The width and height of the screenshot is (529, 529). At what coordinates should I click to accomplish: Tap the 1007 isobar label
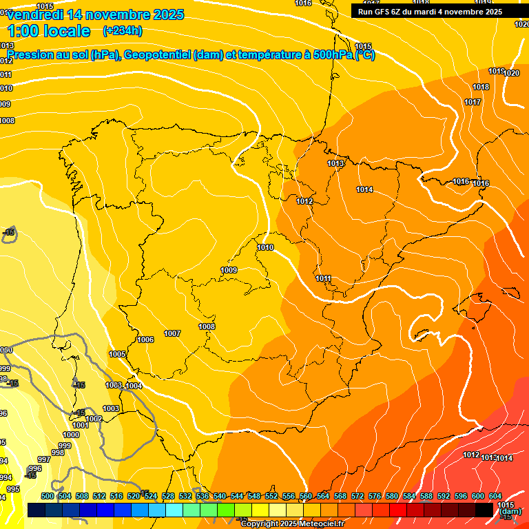[x=172, y=333]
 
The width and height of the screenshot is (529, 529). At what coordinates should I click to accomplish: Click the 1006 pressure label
[x=145, y=340]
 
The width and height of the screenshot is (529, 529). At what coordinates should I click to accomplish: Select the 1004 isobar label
[x=134, y=386]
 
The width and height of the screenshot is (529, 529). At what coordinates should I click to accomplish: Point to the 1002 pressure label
[x=94, y=419]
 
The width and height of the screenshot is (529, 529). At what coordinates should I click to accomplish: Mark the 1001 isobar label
[x=81, y=425]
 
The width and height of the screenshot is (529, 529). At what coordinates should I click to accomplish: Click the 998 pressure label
[x=58, y=453]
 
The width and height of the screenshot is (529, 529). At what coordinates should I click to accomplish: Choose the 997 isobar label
[x=44, y=459]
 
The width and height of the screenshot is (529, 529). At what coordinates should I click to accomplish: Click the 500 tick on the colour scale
[x=48, y=496]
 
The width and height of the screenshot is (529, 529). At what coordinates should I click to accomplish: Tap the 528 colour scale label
[x=168, y=496]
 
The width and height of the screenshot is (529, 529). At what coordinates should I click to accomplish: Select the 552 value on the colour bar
[x=271, y=496]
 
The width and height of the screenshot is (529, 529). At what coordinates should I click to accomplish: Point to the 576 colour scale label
[x=375, y=496]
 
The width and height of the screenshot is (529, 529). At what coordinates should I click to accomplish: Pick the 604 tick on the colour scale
[x=495, y=496]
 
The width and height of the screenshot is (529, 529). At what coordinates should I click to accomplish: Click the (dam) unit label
[x=510, y=512]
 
